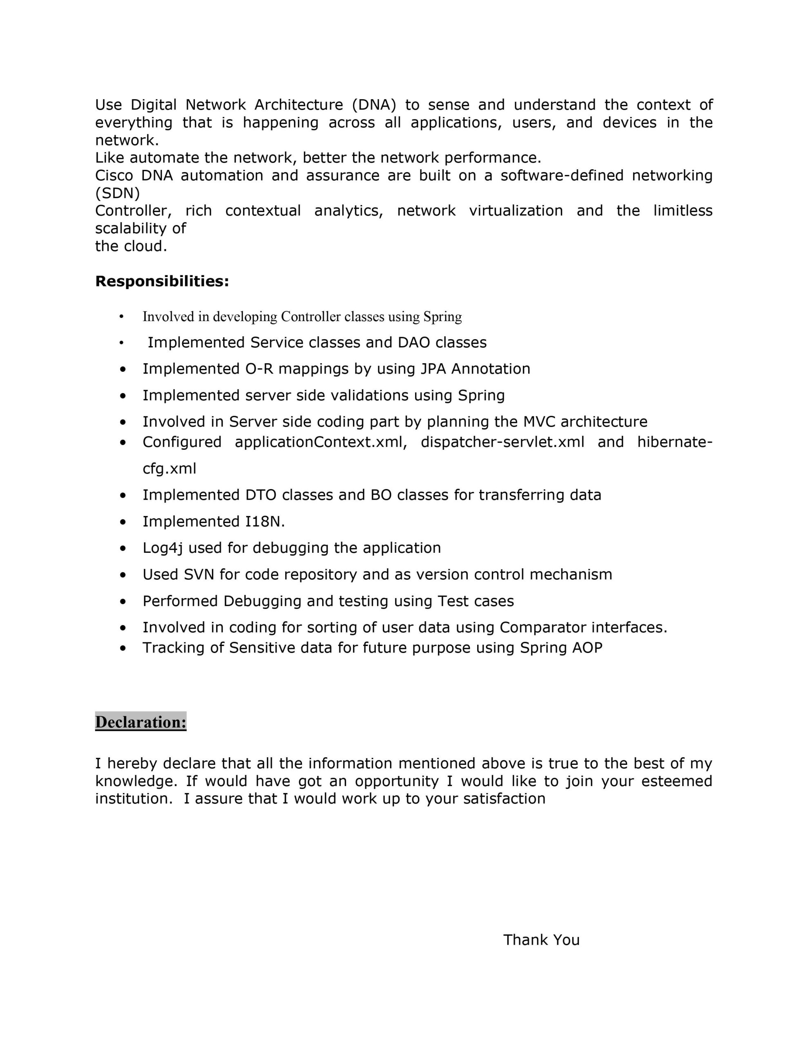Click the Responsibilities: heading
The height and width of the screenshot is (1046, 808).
(162, 281)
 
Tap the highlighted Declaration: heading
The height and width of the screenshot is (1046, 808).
(141, 722)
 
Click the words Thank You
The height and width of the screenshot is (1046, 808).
(541, 940)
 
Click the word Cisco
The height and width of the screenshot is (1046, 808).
(114, 175)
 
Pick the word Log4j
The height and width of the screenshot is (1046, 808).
(163, 548)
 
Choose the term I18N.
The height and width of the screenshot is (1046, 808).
(261, 521)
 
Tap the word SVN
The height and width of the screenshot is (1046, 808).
(199, 574)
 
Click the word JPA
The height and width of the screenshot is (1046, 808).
(433, 369)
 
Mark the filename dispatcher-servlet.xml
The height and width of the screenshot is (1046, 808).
(502, 442)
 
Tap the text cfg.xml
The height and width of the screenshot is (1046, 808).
(170, 468)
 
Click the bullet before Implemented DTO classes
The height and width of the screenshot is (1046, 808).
(124, 496)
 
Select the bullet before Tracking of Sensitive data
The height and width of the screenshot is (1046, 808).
(124, 648)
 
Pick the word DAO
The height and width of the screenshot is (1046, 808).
(414, 342)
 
